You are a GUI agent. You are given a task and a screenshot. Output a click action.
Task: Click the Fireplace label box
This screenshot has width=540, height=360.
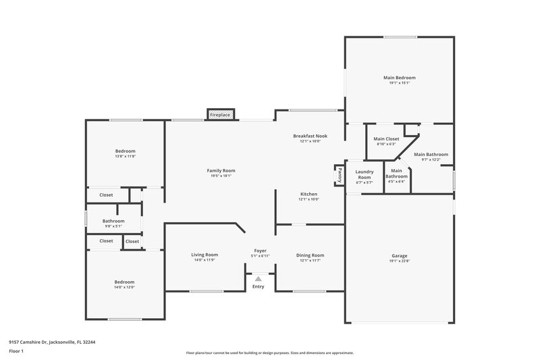click(220, 115)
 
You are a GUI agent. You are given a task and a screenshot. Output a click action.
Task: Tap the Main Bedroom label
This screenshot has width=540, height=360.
click(399, 78)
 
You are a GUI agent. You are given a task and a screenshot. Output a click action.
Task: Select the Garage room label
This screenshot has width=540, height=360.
click(399, 256)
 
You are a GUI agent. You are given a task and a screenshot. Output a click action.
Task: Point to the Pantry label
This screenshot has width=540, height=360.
click(340, 175)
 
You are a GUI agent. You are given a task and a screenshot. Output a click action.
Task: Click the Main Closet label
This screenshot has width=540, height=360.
click(387, 139)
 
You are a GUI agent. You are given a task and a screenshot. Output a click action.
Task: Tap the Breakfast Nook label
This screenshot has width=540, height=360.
click(310, 136)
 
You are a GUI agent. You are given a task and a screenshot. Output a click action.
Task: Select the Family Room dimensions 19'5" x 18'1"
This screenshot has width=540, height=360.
click(221, 176)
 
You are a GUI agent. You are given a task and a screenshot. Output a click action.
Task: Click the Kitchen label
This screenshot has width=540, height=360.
click(309, 194)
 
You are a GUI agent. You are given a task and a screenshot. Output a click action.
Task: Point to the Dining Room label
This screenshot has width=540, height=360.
click(310, 255)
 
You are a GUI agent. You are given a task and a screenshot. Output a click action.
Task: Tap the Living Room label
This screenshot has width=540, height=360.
click(204, 255)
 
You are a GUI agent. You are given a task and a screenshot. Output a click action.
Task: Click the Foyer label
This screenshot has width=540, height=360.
click(260, 251)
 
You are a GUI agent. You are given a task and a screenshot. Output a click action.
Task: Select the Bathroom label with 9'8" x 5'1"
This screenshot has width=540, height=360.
click(113, 221)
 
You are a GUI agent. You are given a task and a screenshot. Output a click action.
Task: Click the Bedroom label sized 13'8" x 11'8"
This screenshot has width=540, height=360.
click(125, 151)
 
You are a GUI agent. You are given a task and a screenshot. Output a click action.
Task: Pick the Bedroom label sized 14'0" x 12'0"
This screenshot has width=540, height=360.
click(124, 282)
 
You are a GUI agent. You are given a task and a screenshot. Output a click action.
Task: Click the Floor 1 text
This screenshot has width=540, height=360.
click(16, 351)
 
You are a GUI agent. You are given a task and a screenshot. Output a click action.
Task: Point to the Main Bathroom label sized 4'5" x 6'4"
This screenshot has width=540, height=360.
click(397, 174)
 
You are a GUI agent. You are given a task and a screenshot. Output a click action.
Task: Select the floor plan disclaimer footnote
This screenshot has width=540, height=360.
click(269, 353)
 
